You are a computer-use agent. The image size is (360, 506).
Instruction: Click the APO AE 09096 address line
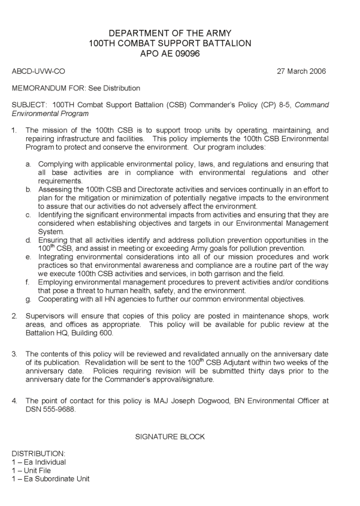tap(179, 54)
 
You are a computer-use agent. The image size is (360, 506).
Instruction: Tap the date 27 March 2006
tap(302, 71)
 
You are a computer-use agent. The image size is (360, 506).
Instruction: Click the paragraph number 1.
tap(14, 130)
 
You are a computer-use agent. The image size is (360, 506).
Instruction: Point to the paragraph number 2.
tap(14, 316)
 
